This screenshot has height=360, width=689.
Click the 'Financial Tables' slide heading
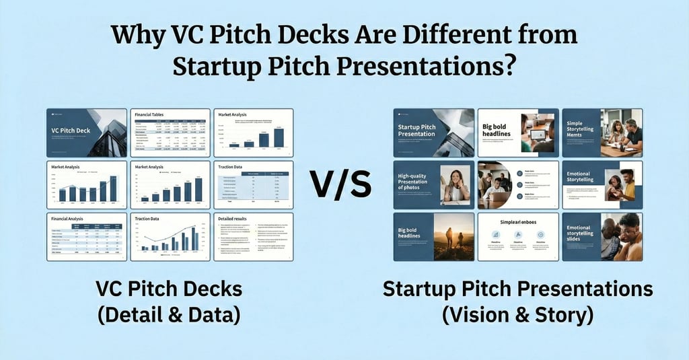point(149,115)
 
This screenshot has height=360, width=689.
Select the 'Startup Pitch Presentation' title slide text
point(416,131)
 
